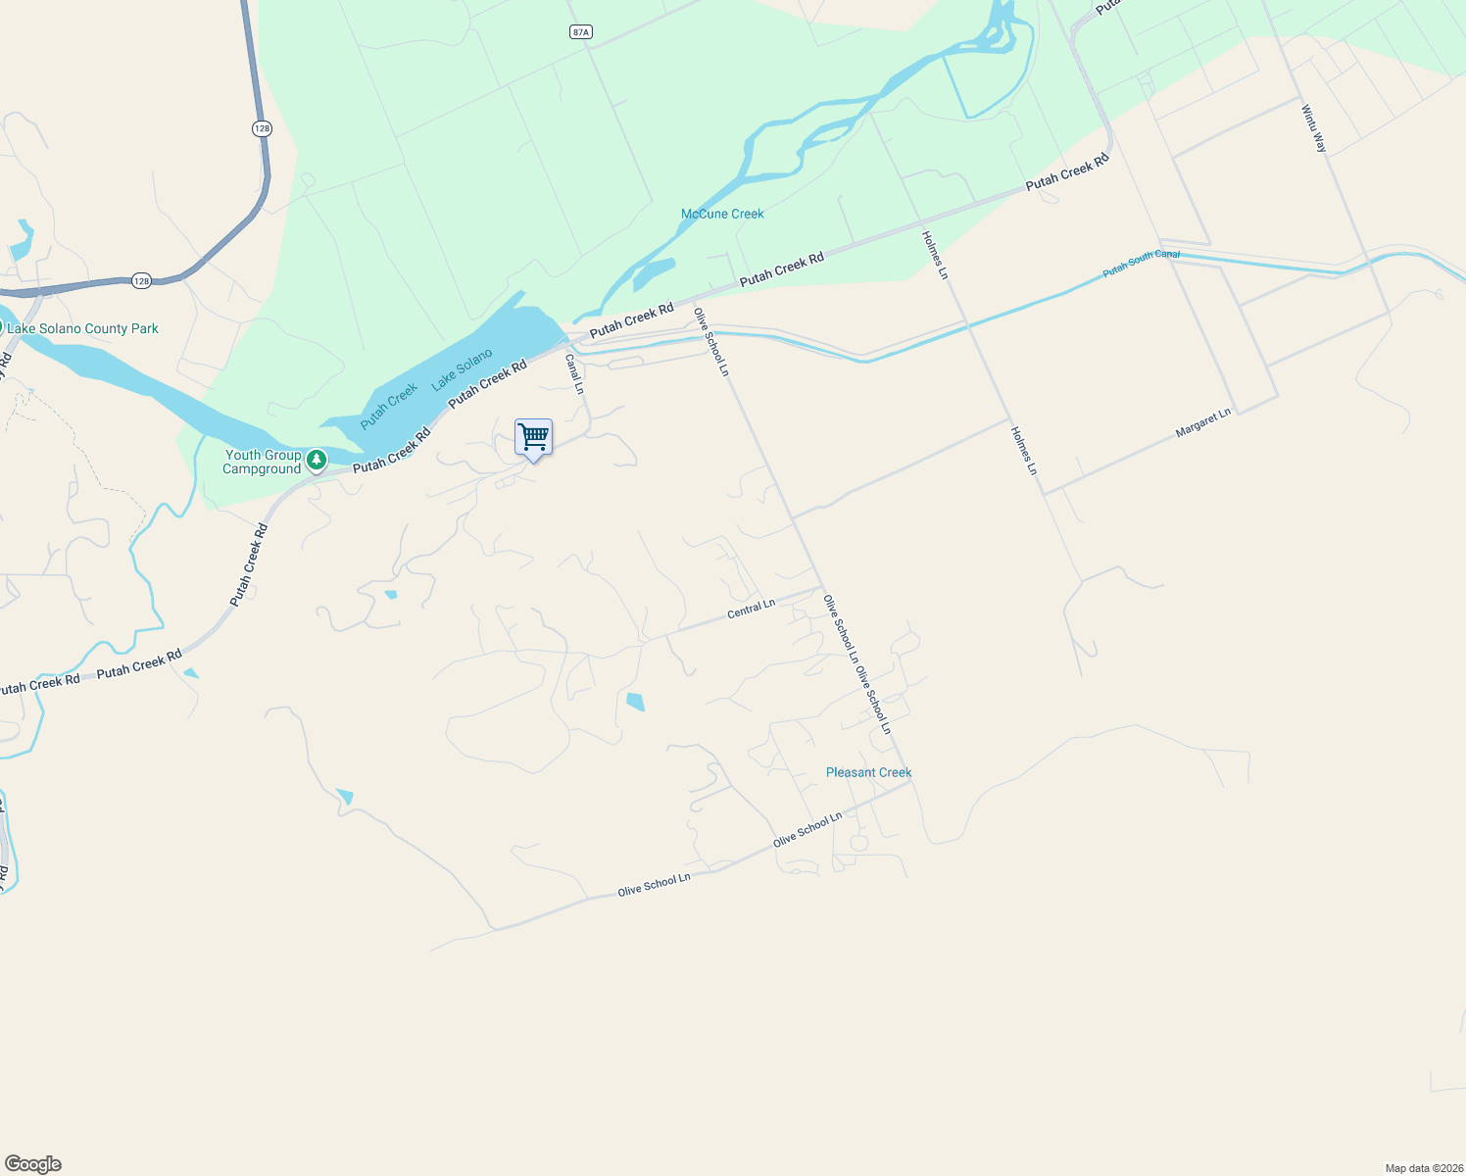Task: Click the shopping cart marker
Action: pyautogui.click(x=533, y=437)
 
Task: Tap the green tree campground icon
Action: pyautogui.click(x=316, y=460)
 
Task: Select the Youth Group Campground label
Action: pyautogui.click(x=263, y=462)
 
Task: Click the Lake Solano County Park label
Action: pyautogui.click(x=82, y=329)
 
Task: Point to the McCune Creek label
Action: pyautogui.click(x=722, y=214)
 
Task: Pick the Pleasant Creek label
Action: pyautogui.click(x=868, y=772)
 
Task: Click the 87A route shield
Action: pyautogui.click(x=581, y=32)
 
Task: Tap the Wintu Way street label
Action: pyautogui.click(x=1314, y=128)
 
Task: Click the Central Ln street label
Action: pyautogui.click(x=751, y=610)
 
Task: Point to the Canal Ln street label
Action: pyautogui.click(x=574, y=374)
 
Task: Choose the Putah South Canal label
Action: pyautogui.click(x=1141, y=263)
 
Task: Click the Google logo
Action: pyautogui.click(x=33, y=1164)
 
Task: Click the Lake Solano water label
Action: pyautogui.click(x=462, y=368)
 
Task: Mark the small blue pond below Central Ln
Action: pyautogui.click(x=635, y=701)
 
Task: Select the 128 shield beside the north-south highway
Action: pyautogui.click(x=262, y=128)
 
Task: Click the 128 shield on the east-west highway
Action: pyautogui.click(x=141, y=281)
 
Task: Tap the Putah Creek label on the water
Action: pyautogui.click(x=389, y=406)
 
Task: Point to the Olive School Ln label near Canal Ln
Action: pyautogui.click(x=711, y=342)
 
